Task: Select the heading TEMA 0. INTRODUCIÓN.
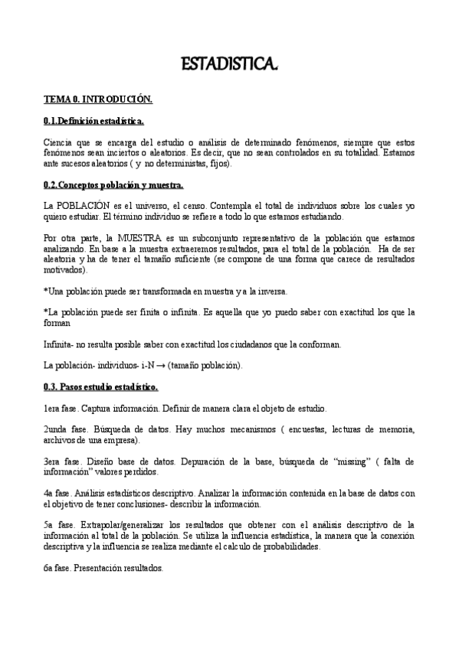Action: coord(98,100)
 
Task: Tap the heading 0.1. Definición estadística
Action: coord(93,122)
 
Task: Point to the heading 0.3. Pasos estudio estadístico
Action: coord(101,387)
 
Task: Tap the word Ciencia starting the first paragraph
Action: coord(57,142)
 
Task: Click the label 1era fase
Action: coord(61,409)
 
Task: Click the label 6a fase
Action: coord(57,568)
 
